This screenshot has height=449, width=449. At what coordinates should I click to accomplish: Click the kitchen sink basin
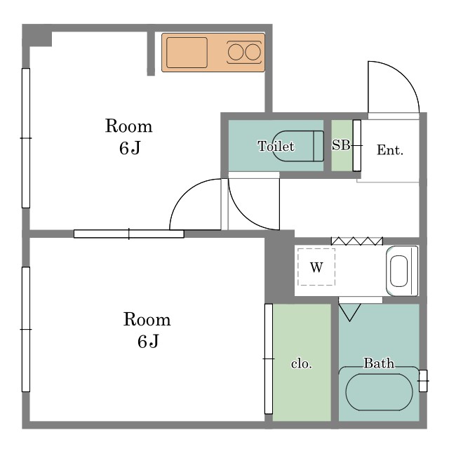coord(187,53)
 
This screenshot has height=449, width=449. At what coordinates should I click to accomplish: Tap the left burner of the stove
coord(236,52)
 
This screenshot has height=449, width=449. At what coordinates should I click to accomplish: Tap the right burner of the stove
coord(253,52)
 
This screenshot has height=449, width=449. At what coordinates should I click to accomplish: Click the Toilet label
coord(276,146)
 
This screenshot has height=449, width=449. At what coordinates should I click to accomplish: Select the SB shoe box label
coord(341,145)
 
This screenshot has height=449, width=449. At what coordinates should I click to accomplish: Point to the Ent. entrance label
coord(390,149)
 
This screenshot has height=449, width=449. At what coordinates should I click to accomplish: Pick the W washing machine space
coord(316,267)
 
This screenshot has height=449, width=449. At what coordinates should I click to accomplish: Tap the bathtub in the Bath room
coord(379,392)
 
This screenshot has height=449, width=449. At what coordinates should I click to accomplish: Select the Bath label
coord(379,363)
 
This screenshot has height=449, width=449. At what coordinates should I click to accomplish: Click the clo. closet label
coord(301,363)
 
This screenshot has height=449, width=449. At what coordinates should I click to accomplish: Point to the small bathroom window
coord(423,381)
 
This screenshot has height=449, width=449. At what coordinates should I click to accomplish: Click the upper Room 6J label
coord(129,136)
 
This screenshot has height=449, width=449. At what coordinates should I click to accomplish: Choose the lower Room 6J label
coord(147,330)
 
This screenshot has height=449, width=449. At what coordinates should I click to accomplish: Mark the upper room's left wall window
coord(26,138)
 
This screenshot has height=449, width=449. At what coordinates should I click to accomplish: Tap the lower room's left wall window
coord(26,329)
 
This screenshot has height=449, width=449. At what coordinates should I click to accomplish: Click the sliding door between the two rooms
coord(129,234)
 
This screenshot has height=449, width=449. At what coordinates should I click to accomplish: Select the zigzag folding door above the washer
coord(357,241)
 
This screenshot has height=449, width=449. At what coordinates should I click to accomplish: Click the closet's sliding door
coord(269,358)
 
